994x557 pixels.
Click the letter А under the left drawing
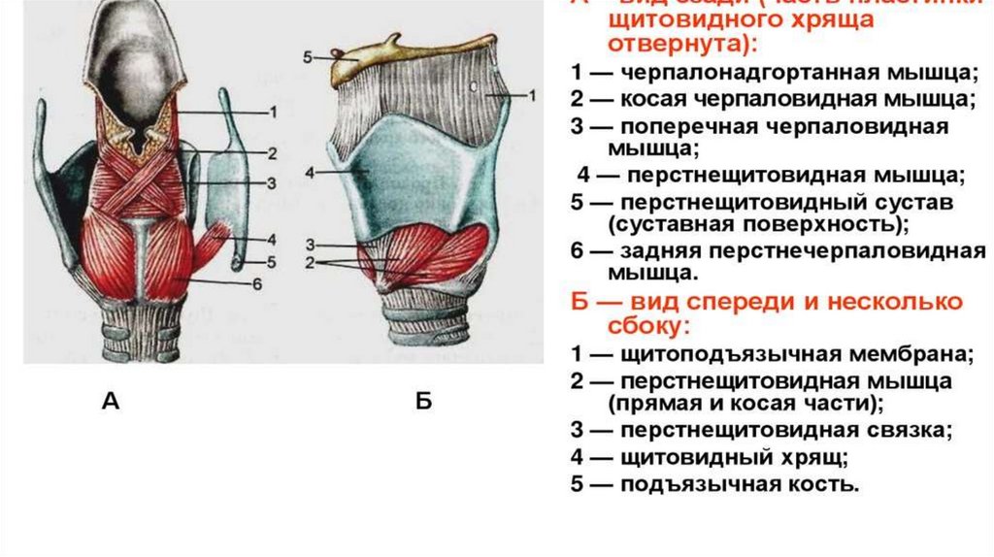111,402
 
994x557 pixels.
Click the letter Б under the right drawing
423,402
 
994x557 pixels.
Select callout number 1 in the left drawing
273,113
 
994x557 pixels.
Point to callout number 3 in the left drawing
273,183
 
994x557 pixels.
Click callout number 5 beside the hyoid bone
307,57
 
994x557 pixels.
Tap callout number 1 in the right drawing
533,95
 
